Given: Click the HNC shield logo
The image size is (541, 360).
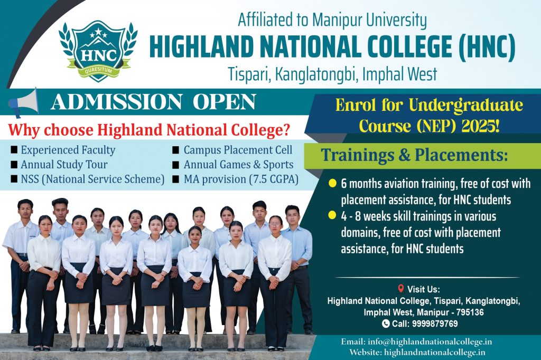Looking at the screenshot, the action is coord(98,51).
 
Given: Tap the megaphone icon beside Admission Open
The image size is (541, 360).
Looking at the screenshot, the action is coord(23,102).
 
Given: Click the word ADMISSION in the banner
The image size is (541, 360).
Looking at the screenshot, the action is coord(117,102).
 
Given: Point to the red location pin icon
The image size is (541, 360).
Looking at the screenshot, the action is coord(400,288).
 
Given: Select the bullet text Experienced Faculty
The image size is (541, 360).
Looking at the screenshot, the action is coord(68,150).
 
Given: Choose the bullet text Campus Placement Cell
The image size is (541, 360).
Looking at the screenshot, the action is coord(238,150).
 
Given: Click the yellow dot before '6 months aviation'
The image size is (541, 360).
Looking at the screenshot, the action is coord(332,183).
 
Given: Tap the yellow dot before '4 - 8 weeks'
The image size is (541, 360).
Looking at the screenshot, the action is coord(332,215).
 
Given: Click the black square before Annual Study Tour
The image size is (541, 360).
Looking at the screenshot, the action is coord(14,165).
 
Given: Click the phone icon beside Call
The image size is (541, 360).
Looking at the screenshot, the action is coord(386,324).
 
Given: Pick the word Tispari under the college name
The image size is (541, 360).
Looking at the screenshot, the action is coord(248,74).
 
